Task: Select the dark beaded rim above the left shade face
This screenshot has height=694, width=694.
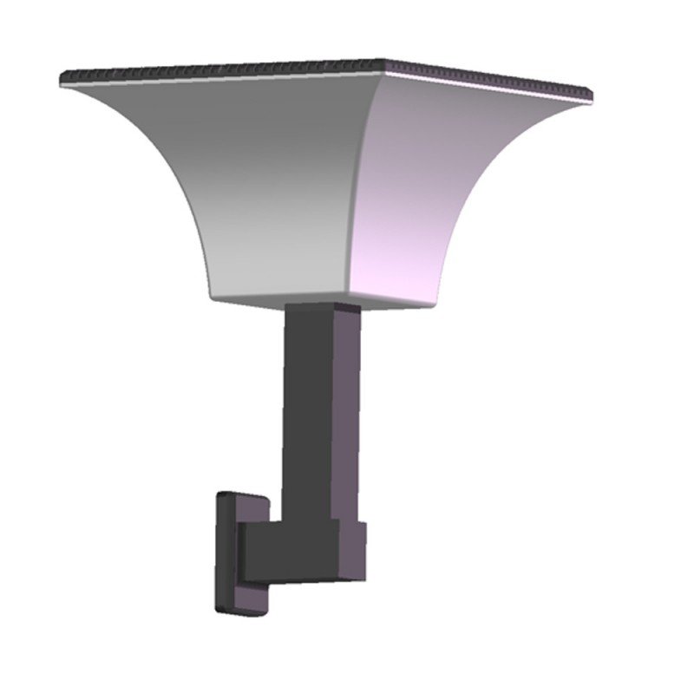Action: tap(217, 69)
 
